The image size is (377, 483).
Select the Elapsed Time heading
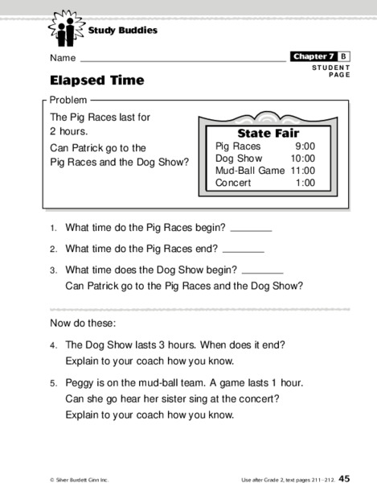pyautogui.click(x=97, y=80)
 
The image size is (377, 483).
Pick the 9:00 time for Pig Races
pyautogui.click(x=305, y=147)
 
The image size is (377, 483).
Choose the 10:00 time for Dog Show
pyautogui.click(x=302, y=159)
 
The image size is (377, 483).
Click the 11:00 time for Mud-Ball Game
pyautogui.click(x=303, y=171)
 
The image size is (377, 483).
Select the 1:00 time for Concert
pyautogui.click(x=305, y=183)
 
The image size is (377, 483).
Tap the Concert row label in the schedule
pyautogui.click(x=233, y=183)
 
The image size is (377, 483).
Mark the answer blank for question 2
pyautogui.click(x=243, y=252)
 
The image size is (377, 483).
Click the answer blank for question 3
pyautogui.click(x=262, y=273)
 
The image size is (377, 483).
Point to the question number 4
pyautogui.click(x=52, y=345)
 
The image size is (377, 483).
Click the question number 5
pyautogui.click(x=52, y=384)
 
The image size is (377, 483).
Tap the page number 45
pyautogui.click(x=343, y=477)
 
